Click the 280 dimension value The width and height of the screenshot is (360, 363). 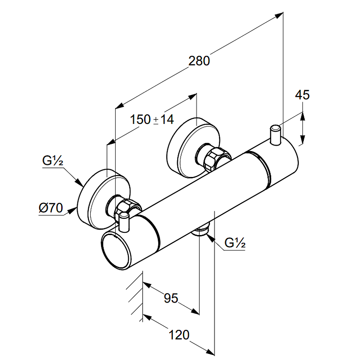click(199, 60)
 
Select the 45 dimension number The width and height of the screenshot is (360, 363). click(302, 95)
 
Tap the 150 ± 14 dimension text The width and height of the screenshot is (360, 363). click(151, 120)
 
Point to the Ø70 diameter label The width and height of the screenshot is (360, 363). click(50, 208)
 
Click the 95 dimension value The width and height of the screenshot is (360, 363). click(170, 298)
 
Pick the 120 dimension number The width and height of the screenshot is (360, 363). click(179, 335)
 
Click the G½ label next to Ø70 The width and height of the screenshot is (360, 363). click(53, 160)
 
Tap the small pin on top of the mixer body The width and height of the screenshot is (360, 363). click(276, 135)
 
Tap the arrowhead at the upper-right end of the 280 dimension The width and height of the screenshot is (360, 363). click(279, 15)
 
